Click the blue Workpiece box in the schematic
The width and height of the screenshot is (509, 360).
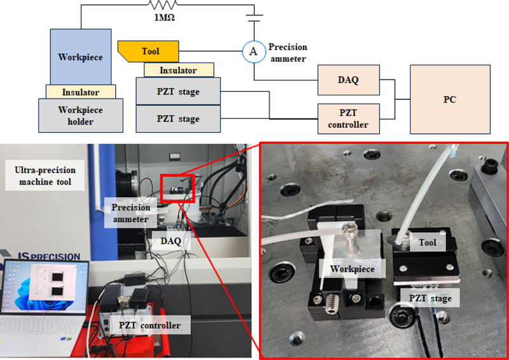tap(81, 57)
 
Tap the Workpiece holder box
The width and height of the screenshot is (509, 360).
tap(80, 115)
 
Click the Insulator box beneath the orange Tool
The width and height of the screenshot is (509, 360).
tap(179, 70)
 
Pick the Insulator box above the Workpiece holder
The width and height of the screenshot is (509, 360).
tap(80, 92)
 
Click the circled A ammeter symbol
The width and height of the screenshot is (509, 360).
tap(253, 53)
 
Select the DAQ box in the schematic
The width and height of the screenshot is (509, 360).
tap(348, 80)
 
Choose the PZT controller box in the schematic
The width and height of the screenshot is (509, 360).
tap(348, 119)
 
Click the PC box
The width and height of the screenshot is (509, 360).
tap(450, 100)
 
